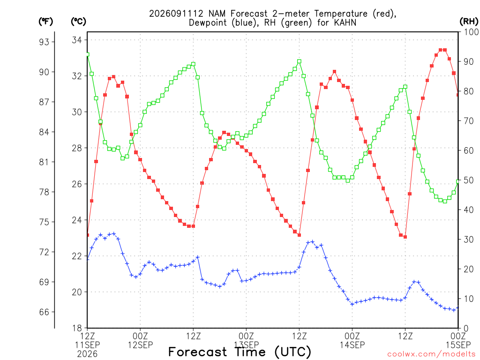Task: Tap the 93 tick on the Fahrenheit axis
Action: click(x=44, y=42)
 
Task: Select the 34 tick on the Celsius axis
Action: click(x=77, y=40)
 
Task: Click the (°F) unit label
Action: click(x=45, y=22)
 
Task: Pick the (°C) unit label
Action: click(x=78, y=22)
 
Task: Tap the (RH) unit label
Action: click(x=469, y=22)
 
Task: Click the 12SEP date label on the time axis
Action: click(x=140, y=345)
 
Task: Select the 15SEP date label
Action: click(x=458, y=345)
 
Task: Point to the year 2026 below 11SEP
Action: click(x=87, y=354)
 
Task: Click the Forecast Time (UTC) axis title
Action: click(x=240, y=352)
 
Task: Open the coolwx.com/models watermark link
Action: click(x=433, y=354)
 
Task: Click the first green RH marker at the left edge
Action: click(x=88, y=54)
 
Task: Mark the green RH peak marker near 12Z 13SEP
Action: click(x=299, y=61)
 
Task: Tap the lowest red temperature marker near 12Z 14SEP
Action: click(x=405, y=237)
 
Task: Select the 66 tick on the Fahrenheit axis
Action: click(x=44, y=312)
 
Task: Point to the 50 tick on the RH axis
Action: click(x=468, y=180)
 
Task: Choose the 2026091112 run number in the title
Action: click(x=176, y=14)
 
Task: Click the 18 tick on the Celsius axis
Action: click(x=77, y=328)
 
